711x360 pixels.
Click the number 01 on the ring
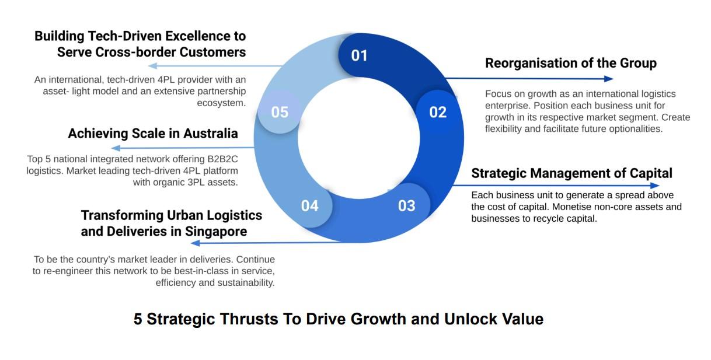[360, 55]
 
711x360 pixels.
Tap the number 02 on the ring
[438, 112]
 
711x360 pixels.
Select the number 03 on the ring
[407, 206]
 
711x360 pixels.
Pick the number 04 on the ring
[310, 206]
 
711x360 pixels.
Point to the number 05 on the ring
[280, 112]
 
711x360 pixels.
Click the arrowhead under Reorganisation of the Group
[608, 79]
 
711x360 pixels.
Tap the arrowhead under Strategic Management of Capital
[655, 185]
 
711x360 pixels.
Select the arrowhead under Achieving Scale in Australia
[116, 148]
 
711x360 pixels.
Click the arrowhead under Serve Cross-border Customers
[153, 66]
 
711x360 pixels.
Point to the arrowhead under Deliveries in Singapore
[195, 243]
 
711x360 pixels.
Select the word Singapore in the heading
[216, 232]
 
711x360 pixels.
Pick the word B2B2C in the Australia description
[222, 159]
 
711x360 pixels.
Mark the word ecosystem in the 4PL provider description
[221, 103]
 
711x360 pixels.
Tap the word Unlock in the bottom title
[470, 319]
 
